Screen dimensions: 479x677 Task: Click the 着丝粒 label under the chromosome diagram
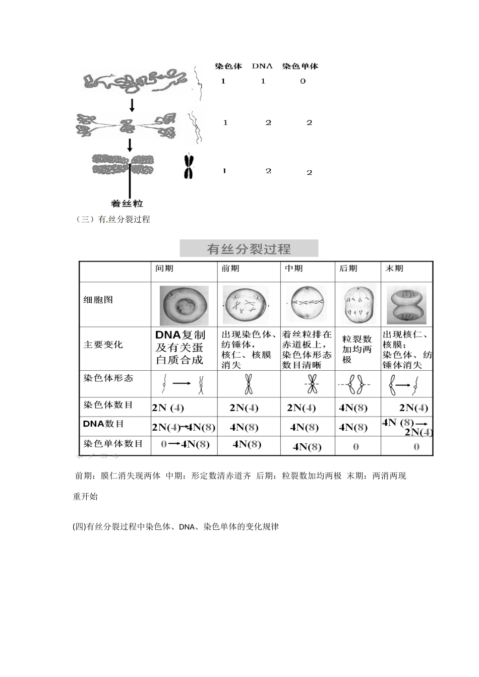point(127,204)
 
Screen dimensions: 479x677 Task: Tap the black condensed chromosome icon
point(188,167)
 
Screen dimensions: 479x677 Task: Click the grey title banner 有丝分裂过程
point(249,249)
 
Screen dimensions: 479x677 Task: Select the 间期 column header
point(164,268)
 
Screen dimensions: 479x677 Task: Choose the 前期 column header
point(230,268)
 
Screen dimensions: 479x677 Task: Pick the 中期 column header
point(294,268)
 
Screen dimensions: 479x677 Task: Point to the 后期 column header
point(348,268)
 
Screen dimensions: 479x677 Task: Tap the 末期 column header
point(394,268)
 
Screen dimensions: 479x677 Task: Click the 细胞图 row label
point(98,300)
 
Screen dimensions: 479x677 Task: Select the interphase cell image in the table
point(184,305)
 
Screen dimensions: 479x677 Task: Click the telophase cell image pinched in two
point(406,304)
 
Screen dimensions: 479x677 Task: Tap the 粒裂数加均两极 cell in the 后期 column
point(357,349)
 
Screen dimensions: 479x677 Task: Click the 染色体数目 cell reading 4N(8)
point(353,408)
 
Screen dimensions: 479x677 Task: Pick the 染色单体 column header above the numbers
point(300,66)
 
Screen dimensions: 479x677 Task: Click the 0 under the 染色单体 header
point(303,81)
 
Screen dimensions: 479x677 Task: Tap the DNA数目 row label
point(103,424)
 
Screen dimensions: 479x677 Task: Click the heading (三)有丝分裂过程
point(113,220)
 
